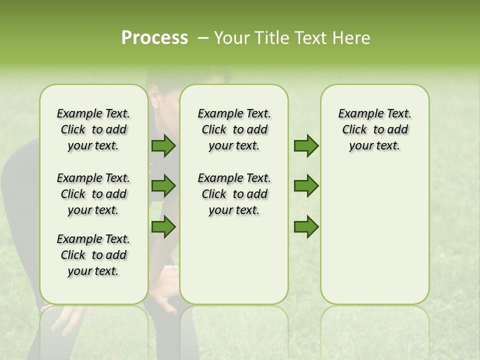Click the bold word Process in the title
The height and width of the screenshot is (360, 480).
pyautogui.click(x=154, y=38)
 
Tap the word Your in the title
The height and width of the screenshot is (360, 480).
pyautogui.click(x=230, y=38)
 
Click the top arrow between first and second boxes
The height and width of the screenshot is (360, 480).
pyautogui.click(x=163, y=146)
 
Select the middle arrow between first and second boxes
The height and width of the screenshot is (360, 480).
pyautogui.click(x=163, y=186)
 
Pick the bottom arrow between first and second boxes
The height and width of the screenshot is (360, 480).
pyautogui.click(x=163, y=226)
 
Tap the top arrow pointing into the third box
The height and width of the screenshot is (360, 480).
pyautogui.click(x=306, y=146)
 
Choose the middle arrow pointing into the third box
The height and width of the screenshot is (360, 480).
pyautogui.click(x=306, y=186)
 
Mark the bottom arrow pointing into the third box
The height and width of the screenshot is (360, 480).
pyautogui.click(x=306, y=226)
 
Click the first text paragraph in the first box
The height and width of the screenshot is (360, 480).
pyautogui.click(x=93, y=129)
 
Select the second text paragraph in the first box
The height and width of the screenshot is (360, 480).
pyautogui.click(x=93, y=194)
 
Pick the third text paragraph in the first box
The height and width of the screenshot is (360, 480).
pyautogui.click(x=93, y=255)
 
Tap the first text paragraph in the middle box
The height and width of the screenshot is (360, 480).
pyautogui.click(x=234, y=129)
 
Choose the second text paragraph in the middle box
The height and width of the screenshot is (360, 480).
pyautogui.click(x=234, y=194)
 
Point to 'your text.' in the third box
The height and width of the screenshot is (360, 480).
pyautogui.click(x=374, y=146)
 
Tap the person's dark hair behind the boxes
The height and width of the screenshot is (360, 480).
pyautogui.click(x=165, y=80)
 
